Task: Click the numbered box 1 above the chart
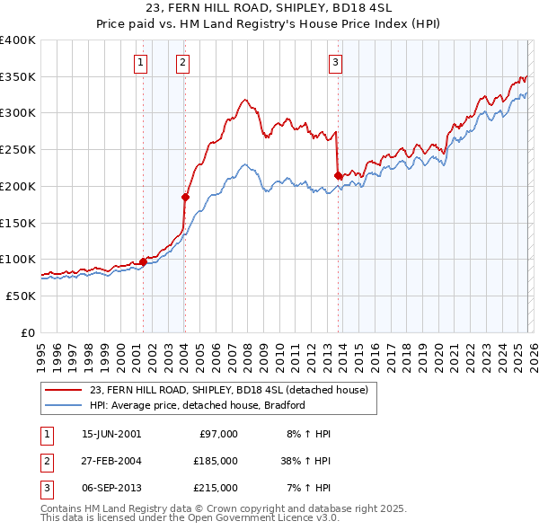point(142,63)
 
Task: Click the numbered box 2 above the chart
point(182,63)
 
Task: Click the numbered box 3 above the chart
point(335,63)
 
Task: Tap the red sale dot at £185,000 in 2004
point(185,197)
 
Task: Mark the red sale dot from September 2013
point(338,175)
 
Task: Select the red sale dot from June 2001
point(143,261)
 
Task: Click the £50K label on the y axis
point(21,296)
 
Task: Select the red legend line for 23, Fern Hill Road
point(65,390)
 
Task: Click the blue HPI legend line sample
point(65,405)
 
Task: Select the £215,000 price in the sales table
point(215,488)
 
